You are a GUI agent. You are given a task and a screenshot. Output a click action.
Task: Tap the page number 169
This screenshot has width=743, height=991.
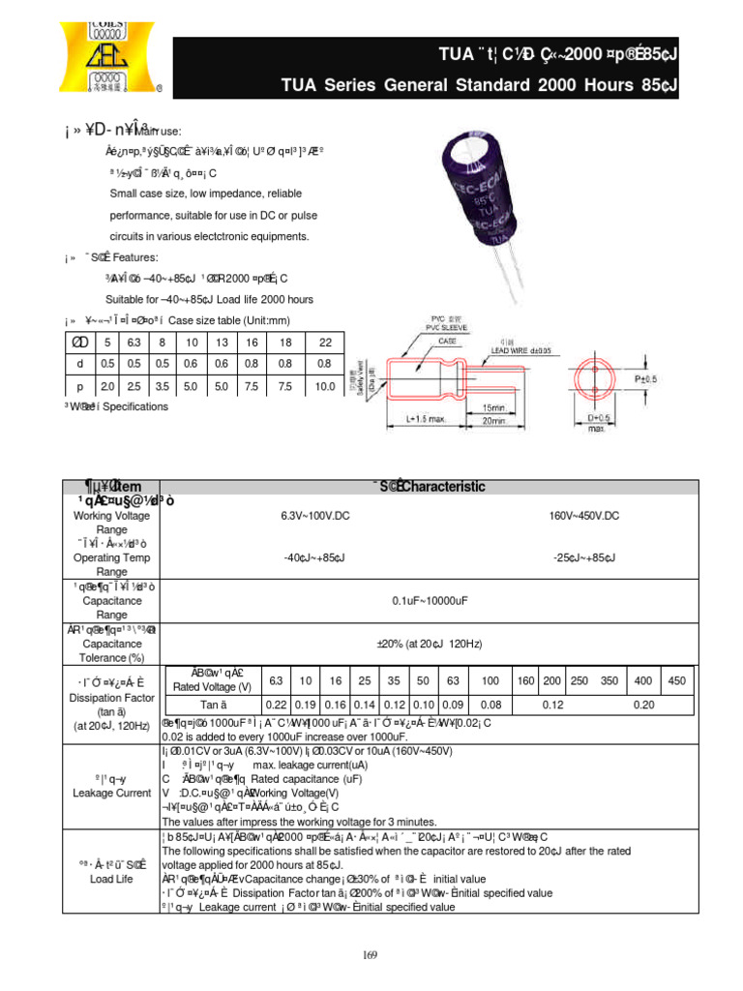point(371,955)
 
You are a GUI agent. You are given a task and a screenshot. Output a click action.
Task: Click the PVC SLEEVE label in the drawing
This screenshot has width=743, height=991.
point(419,329)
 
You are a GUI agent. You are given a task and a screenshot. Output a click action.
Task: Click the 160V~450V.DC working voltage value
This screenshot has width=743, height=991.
point(583,516)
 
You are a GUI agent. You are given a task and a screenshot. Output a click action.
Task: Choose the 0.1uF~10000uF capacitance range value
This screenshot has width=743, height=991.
point(430,601)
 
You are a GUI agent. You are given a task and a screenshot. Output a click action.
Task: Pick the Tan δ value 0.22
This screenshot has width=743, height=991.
point(276,706)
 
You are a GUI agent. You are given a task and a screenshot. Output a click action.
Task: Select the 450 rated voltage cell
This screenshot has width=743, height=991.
point(676,681)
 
